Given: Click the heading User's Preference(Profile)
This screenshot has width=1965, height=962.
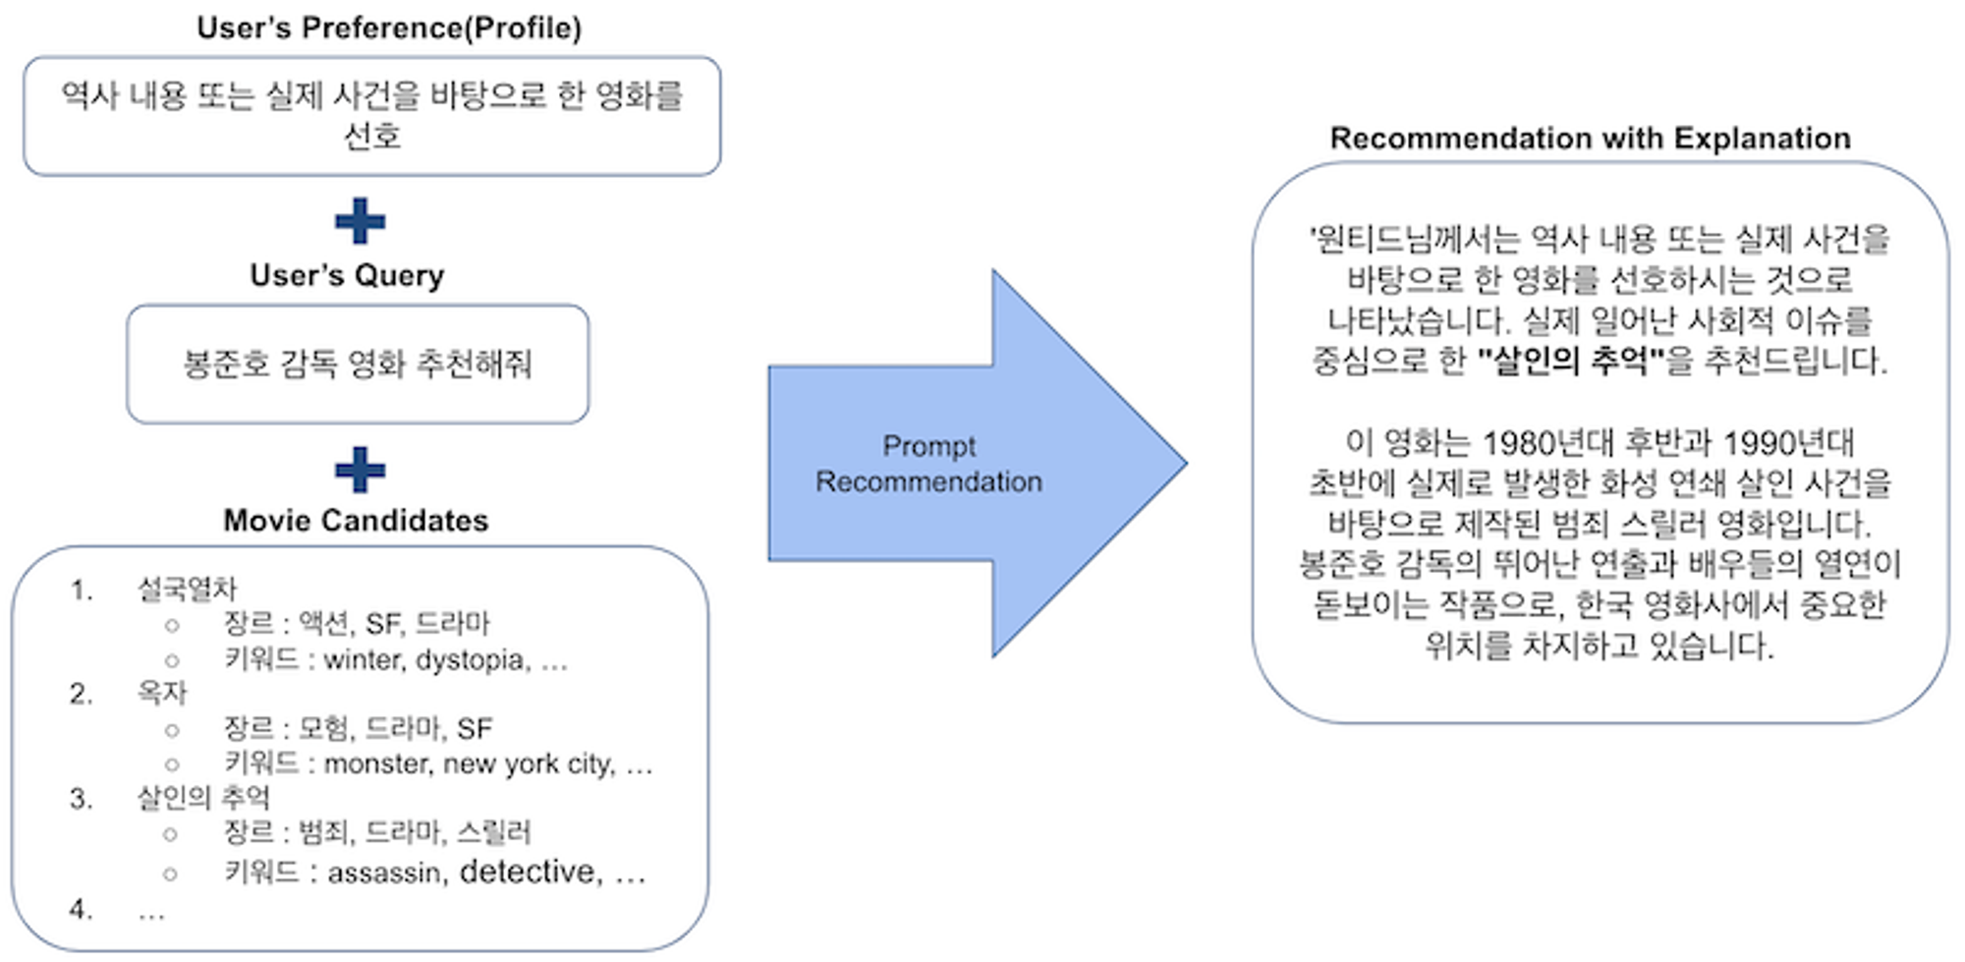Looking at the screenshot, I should pyautogui.click(x=389, y=28).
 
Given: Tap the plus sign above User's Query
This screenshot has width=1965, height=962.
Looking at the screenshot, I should pyautogui.click(x=360, y=221).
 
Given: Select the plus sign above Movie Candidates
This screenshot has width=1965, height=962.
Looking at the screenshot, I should pyautogui.click(x=360, y=470).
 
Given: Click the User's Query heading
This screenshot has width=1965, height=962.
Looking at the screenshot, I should pyautogui.click(x=347, y=275).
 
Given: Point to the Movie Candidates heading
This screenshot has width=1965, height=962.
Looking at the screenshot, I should pyautogui.click(x=356, y=520).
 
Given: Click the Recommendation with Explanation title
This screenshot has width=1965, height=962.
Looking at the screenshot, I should pyautogui.click(x=1590, y=139).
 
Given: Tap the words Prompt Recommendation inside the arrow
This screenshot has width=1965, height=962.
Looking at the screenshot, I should pyautogui.click(x=928, y=464).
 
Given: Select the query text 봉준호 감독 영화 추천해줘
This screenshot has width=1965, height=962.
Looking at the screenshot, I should pyautogui.click(x=358, y=364).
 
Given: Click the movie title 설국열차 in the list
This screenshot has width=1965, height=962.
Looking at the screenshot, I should pyautogui.click(x=187, y=589).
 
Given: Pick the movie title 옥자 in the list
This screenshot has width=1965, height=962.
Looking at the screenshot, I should pyautogui.click(x=161, y=693).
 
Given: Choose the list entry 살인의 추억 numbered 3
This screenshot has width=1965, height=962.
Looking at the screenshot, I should pyautogui.click(x=202, y=797).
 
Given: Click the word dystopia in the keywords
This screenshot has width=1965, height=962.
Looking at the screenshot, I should pyautogui.click(x=473, y=659).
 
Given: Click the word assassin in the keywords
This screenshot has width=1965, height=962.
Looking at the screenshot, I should pyautogui.click(x=384, y=873).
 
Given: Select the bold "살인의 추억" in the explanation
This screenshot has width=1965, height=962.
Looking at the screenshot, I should pyautogui.click(x=1570, y=361).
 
